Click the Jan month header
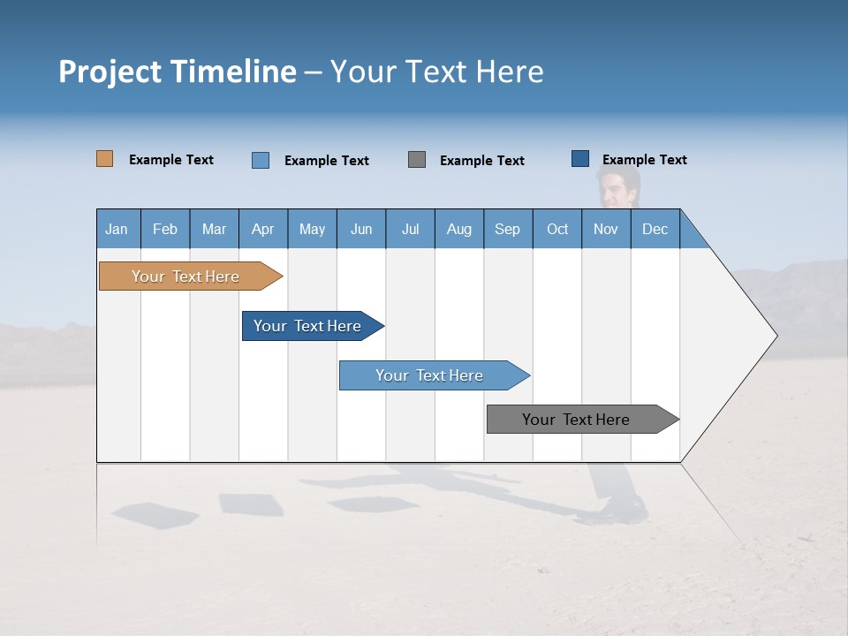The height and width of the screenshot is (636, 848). pos(117,229)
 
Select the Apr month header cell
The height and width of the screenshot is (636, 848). pos(263,229)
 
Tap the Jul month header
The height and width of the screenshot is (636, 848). pos(410,229)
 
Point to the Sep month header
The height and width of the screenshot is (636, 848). pos(508,229)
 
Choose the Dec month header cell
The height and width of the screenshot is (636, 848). pos(655,229)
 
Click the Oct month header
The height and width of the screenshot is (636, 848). pos(557,229)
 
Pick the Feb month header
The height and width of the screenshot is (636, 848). pos(165,229)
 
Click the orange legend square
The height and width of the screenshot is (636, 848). pos(104,159)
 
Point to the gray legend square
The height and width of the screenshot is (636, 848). pos(417,160)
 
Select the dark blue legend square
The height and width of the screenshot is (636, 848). pos(580,159)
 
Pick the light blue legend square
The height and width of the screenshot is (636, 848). pos(261,160)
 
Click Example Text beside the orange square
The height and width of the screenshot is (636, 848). pos(171,160)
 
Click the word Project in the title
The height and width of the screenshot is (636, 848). pos(110,72)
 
